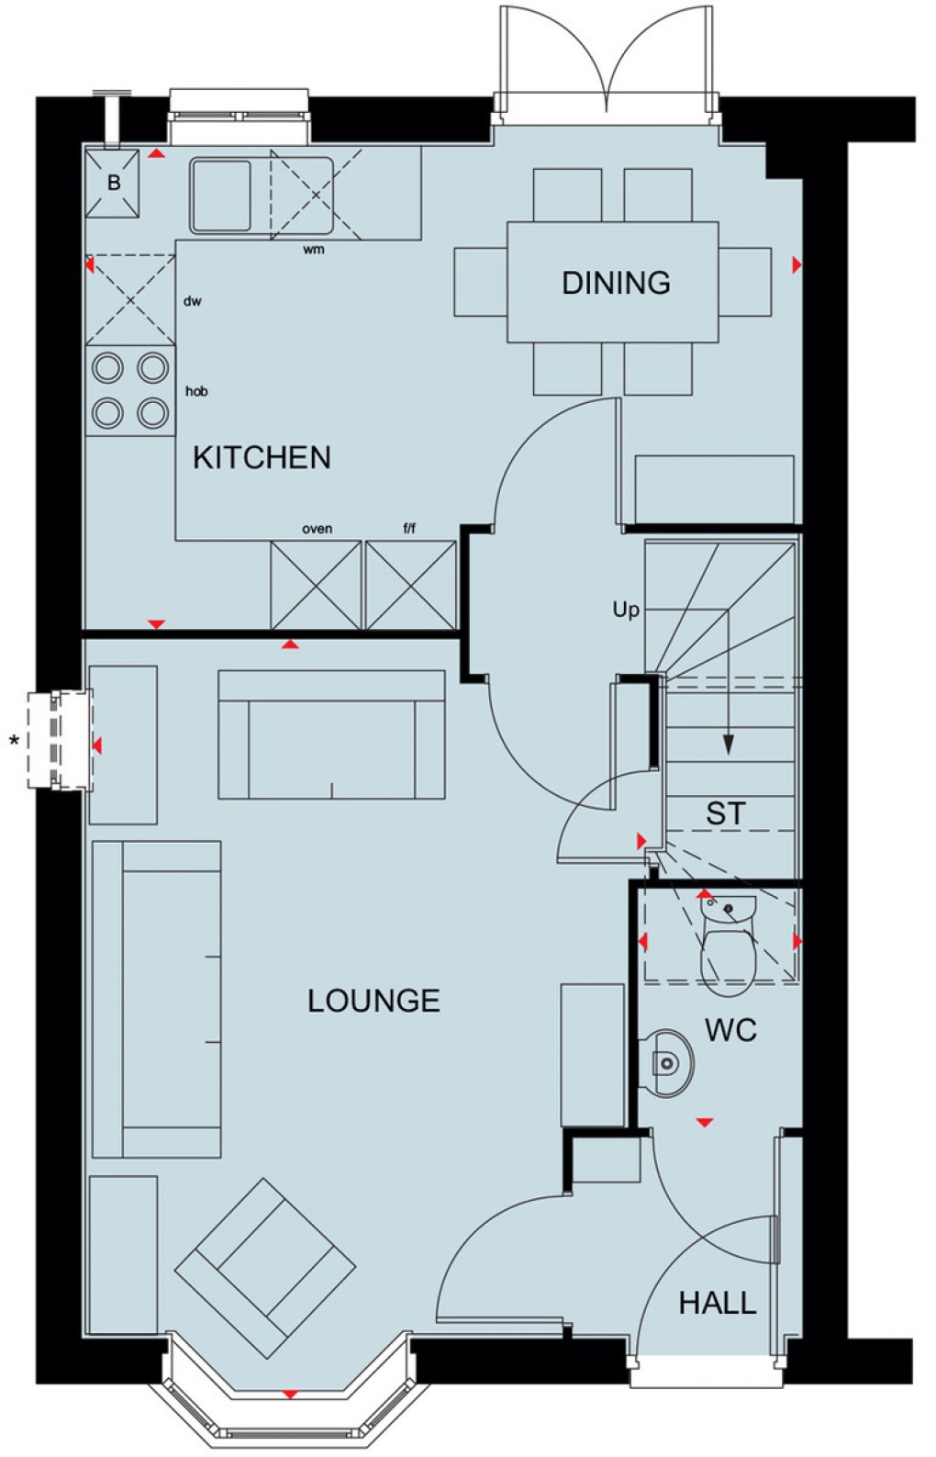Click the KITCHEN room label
coord(262,457)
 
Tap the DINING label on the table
coord(616,283)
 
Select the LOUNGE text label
coord(373,1001)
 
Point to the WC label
coord(730,1030)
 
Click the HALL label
coord(717,1303)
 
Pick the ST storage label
coord(725,813)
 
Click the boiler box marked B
coord(113,184)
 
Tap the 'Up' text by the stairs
coord(626,610)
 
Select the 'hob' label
coord(196,391)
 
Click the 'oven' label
coord(317,529)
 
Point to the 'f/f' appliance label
coord(409,529)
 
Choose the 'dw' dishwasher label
coord(192,301)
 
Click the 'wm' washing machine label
coord(313,250)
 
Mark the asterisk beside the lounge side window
coord(14,740)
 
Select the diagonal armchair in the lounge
coord(265,1268)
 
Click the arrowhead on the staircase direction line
coord(729,745)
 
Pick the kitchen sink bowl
coord(221,195)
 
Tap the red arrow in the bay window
coord(290,1395)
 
